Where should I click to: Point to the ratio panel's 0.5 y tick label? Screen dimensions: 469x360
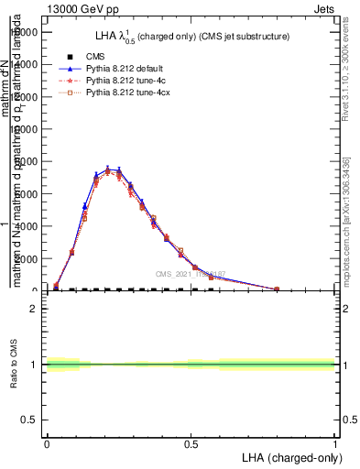[30, 420]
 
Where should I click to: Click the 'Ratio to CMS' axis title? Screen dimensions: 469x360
[15, 365]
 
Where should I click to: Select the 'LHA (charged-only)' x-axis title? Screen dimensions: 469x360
[289, 457]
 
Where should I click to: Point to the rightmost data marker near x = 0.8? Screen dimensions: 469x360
[277, 289]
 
